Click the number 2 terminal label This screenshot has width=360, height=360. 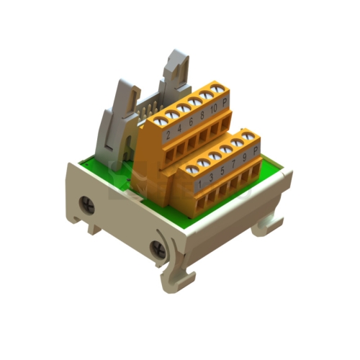tap(168, 135)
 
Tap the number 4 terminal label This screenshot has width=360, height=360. tap(179, 129)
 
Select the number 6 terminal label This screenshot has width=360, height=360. tap(191, 122)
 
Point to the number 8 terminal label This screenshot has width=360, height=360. tap(202, 115)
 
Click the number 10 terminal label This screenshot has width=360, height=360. tap(213, 109)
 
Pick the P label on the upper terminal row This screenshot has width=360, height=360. tap(225, 102)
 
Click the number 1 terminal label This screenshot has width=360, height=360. tap(200, 184)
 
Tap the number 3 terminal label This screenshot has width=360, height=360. tap(211, 178)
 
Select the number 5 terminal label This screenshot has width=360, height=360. tap(222, 171)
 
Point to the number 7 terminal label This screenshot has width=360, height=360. tap(233, 164)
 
